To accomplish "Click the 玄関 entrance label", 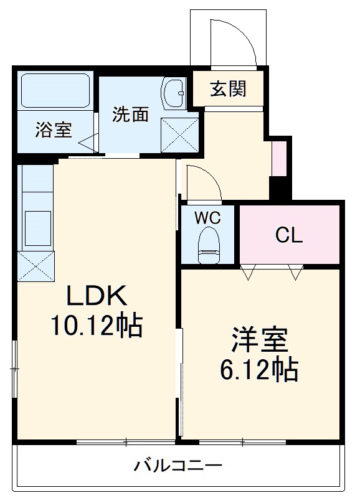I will pos(227,89).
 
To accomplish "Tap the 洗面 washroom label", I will pos(130,114).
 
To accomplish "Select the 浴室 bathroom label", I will pos(53,130).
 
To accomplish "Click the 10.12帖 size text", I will pos(97,325).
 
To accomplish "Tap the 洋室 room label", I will pos(260,341).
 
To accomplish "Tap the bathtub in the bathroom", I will pos(55,92).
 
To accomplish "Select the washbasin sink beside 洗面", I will pos(174,93).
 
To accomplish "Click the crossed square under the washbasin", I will pos(179,134).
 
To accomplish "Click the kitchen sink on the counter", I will pos(37,227).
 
